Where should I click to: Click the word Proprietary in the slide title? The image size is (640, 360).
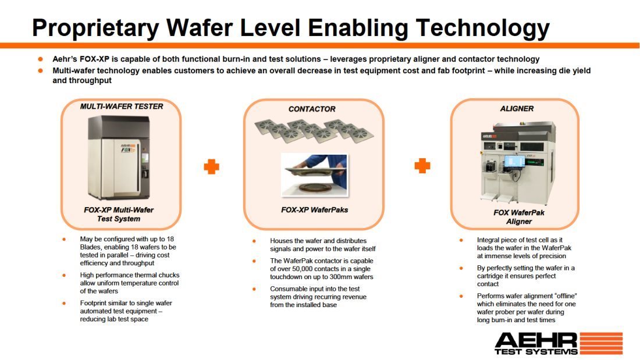click(95, 28)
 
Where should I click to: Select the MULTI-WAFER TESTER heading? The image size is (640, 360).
click(121, 106)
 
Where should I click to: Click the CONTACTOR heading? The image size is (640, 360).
click(312, 109)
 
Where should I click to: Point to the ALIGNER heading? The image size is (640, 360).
click(517, 109)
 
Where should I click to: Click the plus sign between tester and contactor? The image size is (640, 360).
click(211, 166)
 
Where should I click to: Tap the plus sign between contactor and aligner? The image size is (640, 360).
click(422, 166)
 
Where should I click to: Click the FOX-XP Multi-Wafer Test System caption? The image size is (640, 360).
click(119, 214)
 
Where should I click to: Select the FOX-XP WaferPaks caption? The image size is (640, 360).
click(314, 210)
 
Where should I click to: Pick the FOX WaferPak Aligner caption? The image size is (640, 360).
click(519, 217)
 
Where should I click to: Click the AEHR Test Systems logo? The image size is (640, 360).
click(559, 343)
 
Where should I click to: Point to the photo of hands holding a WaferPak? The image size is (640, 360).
click(314, 175)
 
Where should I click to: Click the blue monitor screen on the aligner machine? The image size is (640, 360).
click(514, 162)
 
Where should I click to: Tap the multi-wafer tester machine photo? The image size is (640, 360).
click(119, 158)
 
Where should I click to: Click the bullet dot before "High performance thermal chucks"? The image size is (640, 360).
click(64, 275)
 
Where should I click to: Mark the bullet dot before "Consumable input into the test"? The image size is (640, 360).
click(254, 289)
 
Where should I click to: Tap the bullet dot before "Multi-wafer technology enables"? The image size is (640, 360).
click(40, 70)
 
